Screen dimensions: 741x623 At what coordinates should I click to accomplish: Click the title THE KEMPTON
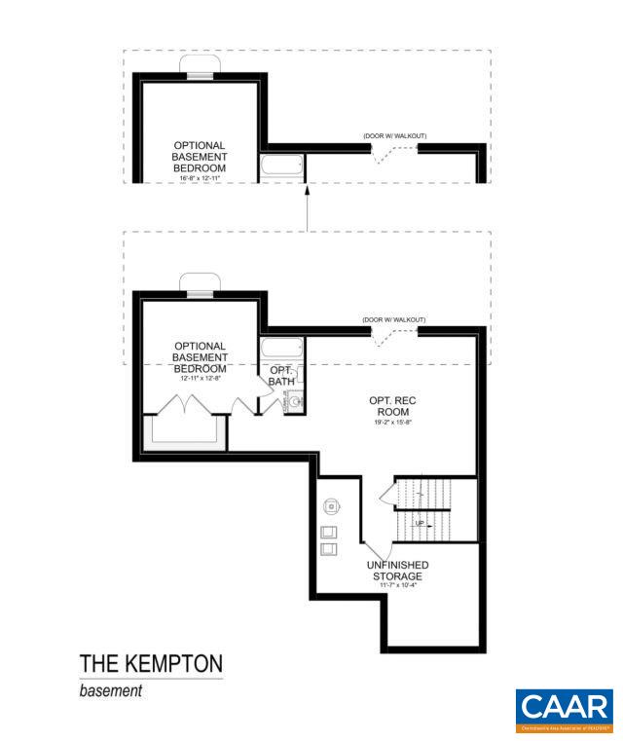click(151, 664)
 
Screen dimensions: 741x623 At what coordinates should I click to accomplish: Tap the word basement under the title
click(111, 691)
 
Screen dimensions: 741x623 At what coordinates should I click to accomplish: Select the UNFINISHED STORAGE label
click(398, 571)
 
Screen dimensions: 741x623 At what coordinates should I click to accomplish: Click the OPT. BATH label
click(280, 375)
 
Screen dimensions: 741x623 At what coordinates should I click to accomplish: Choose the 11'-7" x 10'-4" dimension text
click(397, 586)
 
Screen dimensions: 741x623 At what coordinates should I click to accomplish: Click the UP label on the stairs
click(420, 523)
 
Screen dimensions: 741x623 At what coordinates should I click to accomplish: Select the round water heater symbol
click(333, 506)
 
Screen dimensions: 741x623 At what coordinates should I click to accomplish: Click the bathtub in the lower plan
click(283, 349)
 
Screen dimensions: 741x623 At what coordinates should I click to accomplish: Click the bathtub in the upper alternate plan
click(283, 167)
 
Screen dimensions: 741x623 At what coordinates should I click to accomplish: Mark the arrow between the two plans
click(308, 206)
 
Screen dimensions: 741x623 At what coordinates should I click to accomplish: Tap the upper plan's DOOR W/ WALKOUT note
click(394, 135)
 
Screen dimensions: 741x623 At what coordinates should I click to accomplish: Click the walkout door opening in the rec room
click(395, 336)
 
